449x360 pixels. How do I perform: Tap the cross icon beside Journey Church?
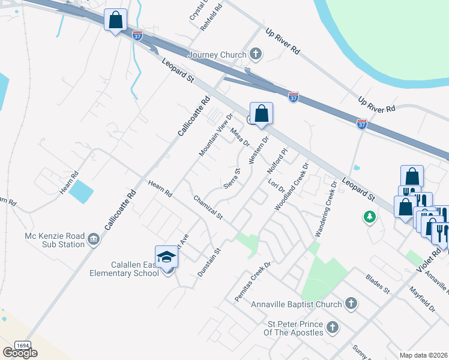[256, 55]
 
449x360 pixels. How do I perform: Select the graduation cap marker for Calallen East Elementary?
[166, 257]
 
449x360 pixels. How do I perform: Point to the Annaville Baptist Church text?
[297, 304]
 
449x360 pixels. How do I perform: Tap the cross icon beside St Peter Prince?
[333, 328]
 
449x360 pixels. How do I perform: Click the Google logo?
[20, 353]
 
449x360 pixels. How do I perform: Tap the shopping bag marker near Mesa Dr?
[261, 113]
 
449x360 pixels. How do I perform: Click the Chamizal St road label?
[208, 207]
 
